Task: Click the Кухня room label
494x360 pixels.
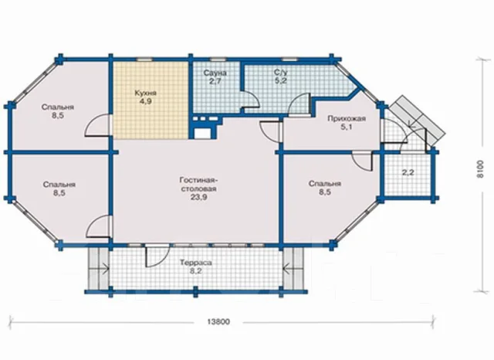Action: click(146, 93)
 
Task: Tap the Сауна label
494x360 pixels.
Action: click(215, 73)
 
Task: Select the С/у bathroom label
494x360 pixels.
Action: click(280, 72)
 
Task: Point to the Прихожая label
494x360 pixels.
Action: click(347, 119)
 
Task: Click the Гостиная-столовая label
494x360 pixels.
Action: click(198, 185)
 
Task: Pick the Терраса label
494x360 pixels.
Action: click(195, 263)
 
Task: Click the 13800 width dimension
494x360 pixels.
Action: click(218, 322)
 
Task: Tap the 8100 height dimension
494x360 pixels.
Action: click(479, 169)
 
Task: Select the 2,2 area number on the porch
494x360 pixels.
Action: click(408, 173)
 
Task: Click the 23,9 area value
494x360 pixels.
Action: click(198, 197)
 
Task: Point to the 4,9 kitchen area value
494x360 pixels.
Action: click(146, 101)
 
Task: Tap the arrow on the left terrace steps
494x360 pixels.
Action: click(104, 269)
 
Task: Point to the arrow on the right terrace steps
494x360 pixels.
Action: click(288, 269)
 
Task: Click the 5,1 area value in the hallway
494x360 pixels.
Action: click(347, 127)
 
